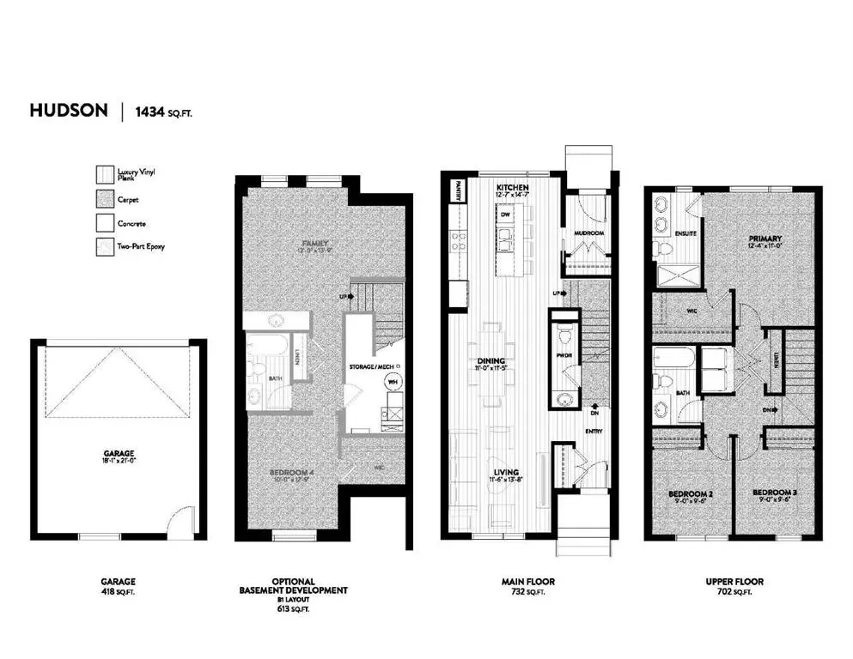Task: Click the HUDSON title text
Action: pyautogui.click(x=69, y=111)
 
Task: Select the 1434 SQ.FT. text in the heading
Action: pyautogui.click(x=163, y=112)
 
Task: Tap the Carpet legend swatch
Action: pyautogui.click(x=104, y=199)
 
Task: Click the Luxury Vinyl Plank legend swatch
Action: pyautogui.click(x=104, y=174)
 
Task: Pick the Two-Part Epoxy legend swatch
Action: pyautogui.click(x=104, y=246)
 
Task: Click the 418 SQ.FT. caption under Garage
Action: pyautogui.click(x=118, y=591)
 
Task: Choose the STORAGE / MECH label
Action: pyautogui.click(x=370, y=367)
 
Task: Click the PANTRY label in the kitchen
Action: pyautogui.click(x=460, y=190)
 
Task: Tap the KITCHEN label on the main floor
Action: pyautogui.click(x=512, y=187)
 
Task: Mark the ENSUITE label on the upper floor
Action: pyautogui.click(x=685, y=233)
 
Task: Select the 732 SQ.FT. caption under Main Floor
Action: pyautogui.click(x=525, y=591)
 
